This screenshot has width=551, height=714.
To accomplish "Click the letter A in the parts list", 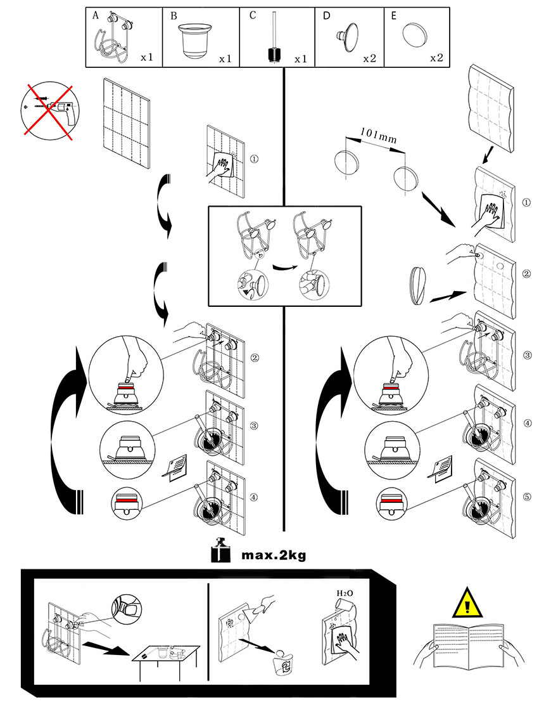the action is [x=96, y=15].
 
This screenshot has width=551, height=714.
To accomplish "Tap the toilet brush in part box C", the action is [x=274, y=37].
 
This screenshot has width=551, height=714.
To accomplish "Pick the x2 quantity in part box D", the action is [x=370, y=58].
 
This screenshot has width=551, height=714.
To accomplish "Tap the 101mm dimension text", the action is [x=378, y=136].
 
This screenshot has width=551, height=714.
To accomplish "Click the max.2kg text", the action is [x=274, y=555].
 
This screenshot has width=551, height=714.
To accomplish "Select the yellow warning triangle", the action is [x=467, y=603].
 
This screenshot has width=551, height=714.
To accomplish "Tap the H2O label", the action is [x=345, y=594].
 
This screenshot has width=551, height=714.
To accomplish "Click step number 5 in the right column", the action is [x=527, y=497].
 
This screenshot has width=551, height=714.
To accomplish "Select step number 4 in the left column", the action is [x=254, y=497].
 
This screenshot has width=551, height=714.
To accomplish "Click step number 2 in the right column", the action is [x=526, y=274].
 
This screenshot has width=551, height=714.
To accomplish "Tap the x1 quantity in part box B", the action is [x=225, y=59].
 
